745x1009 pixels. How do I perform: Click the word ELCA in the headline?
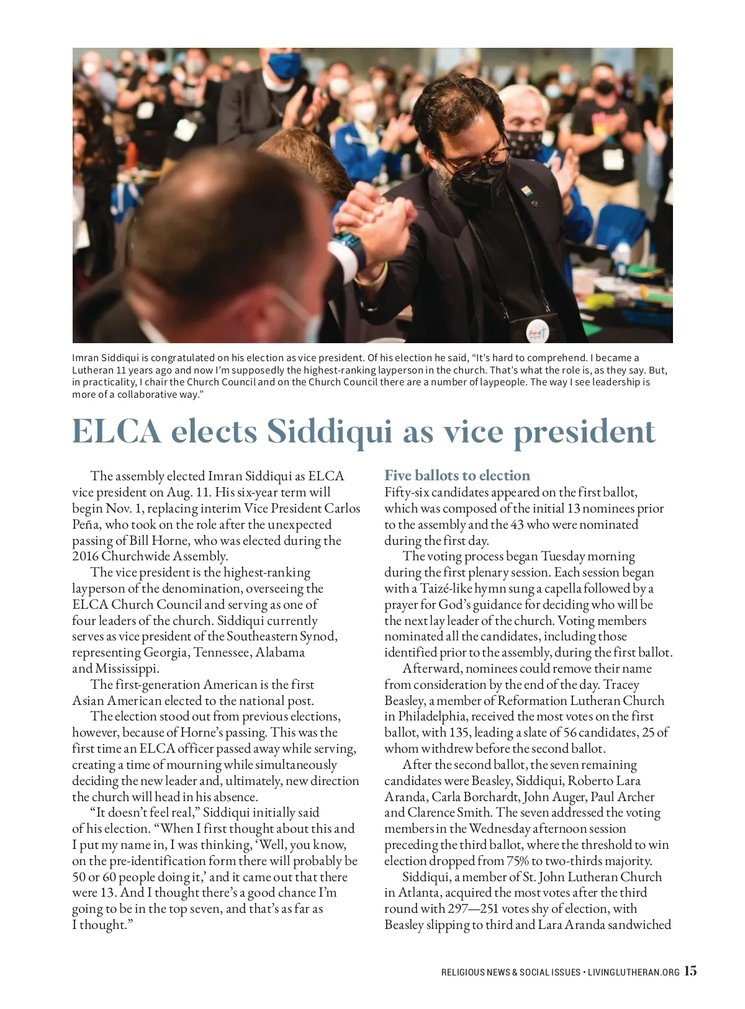point(116,431)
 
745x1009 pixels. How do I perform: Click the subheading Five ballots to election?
point(457,475)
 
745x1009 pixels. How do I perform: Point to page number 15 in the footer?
point(690,971)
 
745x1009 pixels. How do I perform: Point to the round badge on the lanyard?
point(538,333)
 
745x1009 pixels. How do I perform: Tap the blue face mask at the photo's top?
point(284,65)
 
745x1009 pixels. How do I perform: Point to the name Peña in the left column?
point(86,524)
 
